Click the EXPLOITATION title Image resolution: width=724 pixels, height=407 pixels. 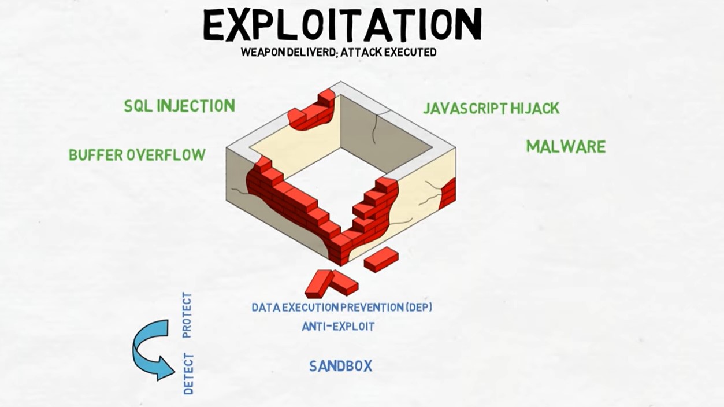click(343, 24)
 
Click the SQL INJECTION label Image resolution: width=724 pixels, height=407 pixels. click(180, 106)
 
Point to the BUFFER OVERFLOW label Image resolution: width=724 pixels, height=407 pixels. click(137, 155)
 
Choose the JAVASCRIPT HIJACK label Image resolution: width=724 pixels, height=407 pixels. click(491, 108)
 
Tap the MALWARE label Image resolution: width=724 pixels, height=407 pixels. click(566, 147)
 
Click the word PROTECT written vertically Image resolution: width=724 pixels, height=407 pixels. click(187, 315)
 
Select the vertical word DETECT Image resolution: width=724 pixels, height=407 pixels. click(188, 374)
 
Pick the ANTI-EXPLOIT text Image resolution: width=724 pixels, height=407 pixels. click(338, 327)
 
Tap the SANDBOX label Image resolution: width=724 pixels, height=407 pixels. click(341, 367)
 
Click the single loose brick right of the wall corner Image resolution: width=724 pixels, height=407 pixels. click(381, 259)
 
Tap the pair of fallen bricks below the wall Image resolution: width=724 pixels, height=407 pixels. click(331, 283)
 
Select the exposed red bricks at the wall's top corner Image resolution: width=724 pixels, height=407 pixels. click(311, 110)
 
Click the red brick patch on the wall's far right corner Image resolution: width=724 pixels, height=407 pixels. click(448, 194)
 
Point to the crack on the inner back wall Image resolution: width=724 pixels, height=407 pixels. click(374, 129)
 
